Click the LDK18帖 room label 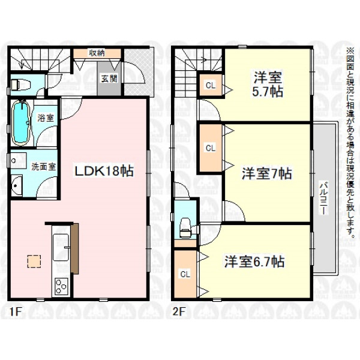click(x=103, y=171)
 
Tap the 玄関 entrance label click(x=109, y=79)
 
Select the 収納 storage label click(x=97, y=53)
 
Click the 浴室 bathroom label click(x=46, y=118)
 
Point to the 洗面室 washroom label click(x=44, y=167)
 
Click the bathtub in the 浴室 click(x=21, y=123)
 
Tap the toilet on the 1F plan click(x=20, y=85)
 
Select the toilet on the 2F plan click(x=185, y=227)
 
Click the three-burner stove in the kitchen click(x=61, y=286)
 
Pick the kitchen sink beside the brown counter click(x=61, y=247)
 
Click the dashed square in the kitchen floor click(x=34, y=261)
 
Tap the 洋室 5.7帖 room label click(x=268, y=85)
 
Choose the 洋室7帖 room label click(x=267, y=173)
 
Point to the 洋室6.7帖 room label click(x=254, y=262)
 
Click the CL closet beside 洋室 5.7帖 click(x=211, y=85)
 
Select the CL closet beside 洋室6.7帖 click(x=185, y=274)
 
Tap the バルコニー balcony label click(x=324, y=197)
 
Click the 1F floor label click(x=16, y=312)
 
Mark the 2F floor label click(x=179, y=312)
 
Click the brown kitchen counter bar click(x=74, y=248)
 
